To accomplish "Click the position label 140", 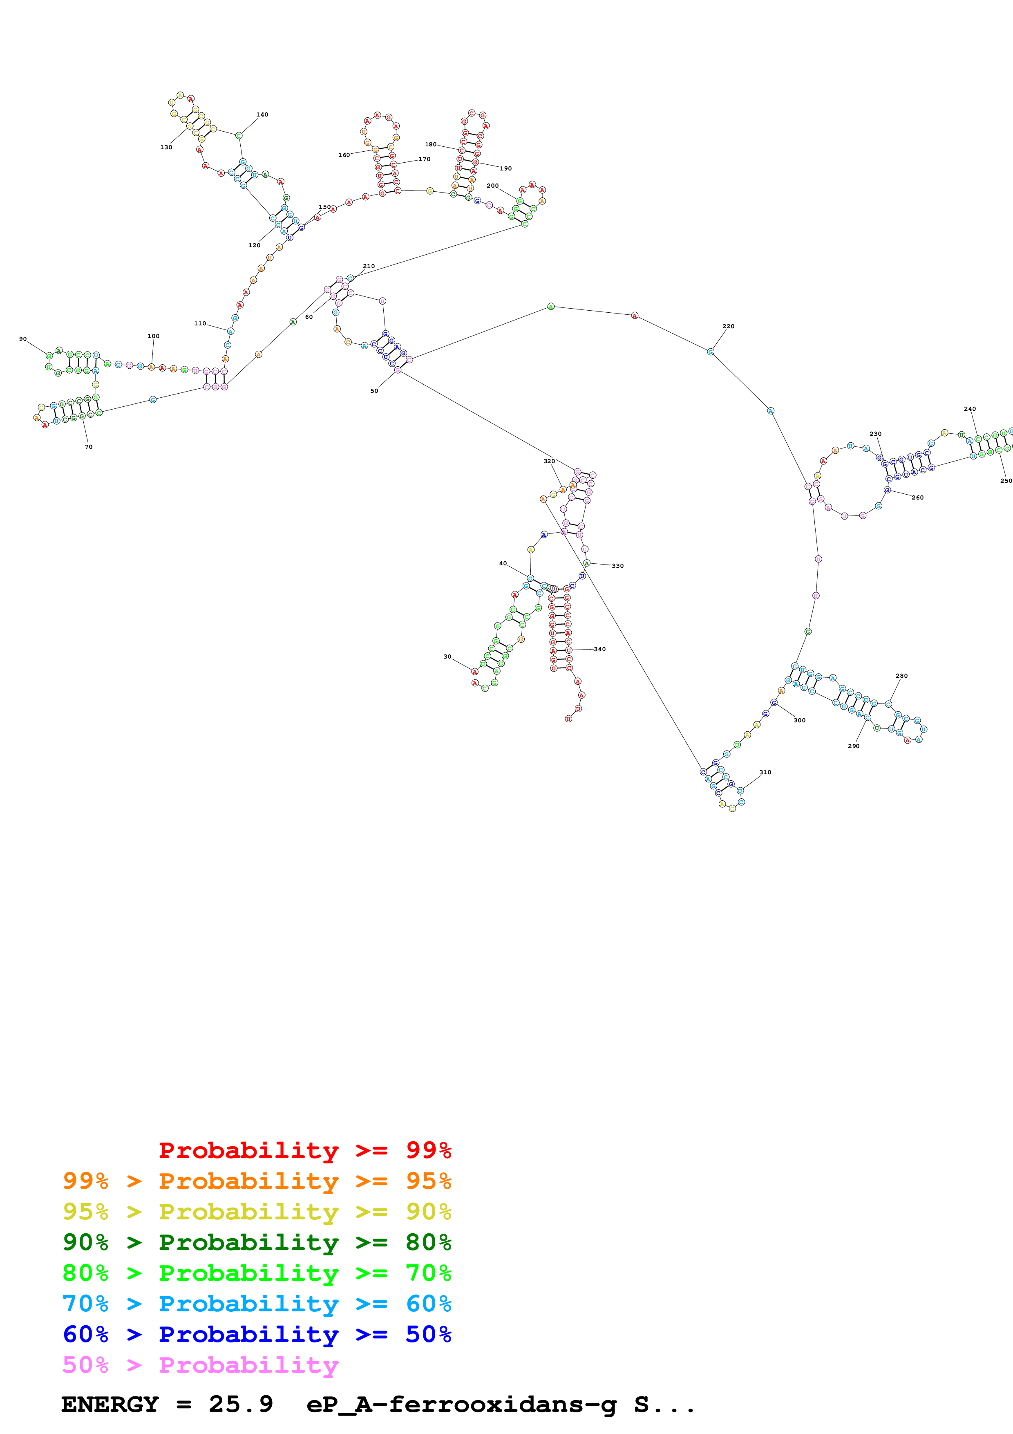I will pos(262,115).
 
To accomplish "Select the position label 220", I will pos(728,326).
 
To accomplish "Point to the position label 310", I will pos(765,772).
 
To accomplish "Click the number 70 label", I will pos(89,446).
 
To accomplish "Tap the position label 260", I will pos(917,497).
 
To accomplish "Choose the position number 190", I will pos(505,168).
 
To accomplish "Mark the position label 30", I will pos(447,657).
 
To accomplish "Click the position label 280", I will pos(902,675).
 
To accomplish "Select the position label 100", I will pos(154,336).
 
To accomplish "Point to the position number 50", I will pos(374,391).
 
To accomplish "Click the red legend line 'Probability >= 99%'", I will pos(304,1150).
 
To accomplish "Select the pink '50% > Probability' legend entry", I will pos(200,1365).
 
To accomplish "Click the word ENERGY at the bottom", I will pos(110,1405).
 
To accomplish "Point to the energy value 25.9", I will pos(241,1405).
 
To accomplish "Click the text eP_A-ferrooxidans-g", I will pos(461,1405).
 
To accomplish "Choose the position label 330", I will pos(618,566).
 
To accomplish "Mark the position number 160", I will pos(344,155).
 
